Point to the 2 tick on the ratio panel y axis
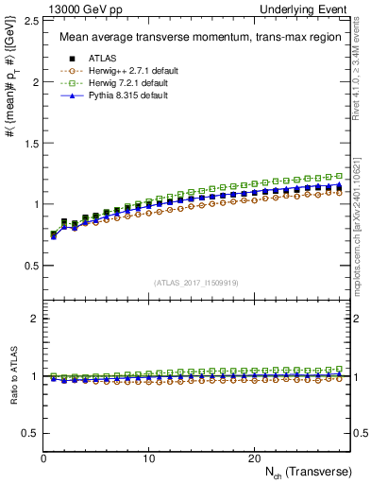tap(36, 319)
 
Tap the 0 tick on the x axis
tap(44, 458)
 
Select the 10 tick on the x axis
tap(148, 458)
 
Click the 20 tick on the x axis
tap(253, 458)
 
